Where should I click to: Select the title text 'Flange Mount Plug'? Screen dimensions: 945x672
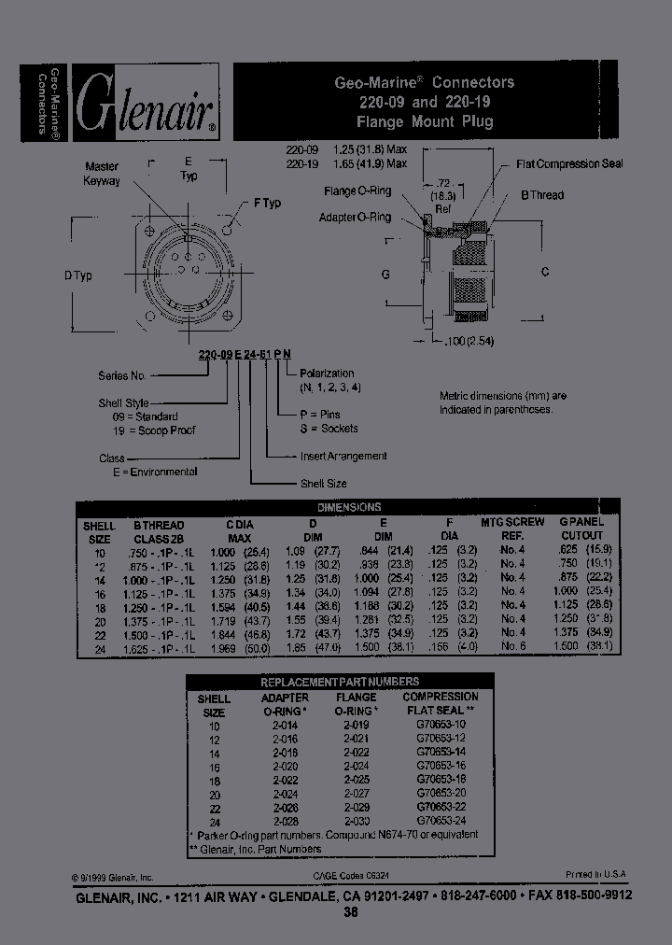click(425, 121)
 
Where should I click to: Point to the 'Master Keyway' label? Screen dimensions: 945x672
click(102, 173)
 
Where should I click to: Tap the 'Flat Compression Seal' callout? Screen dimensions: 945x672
click(569, 163)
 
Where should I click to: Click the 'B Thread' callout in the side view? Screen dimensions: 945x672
click(541, 195)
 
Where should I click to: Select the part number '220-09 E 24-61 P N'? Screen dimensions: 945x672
click(244, 353)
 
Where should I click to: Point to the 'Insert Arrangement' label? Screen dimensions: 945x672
click(343, 456)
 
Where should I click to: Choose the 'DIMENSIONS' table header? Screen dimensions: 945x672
click(349, 507)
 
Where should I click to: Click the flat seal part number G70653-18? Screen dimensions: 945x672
click(440, 778)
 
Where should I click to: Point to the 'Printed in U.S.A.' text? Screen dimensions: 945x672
click(595, 875)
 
